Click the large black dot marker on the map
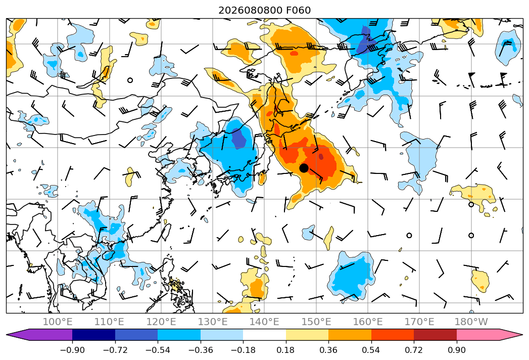304,168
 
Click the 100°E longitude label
58,322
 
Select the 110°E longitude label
109,322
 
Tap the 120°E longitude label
161,322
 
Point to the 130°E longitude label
213,322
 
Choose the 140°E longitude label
264,322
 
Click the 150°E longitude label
316,322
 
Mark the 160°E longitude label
368,322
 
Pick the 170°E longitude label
419,322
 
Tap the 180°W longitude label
471,322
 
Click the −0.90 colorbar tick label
72,350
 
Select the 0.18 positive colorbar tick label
286,350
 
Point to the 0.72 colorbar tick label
414,350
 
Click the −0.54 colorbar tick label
158,350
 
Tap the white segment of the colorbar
265,334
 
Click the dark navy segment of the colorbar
93,334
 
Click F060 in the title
298,10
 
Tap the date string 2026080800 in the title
250,10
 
